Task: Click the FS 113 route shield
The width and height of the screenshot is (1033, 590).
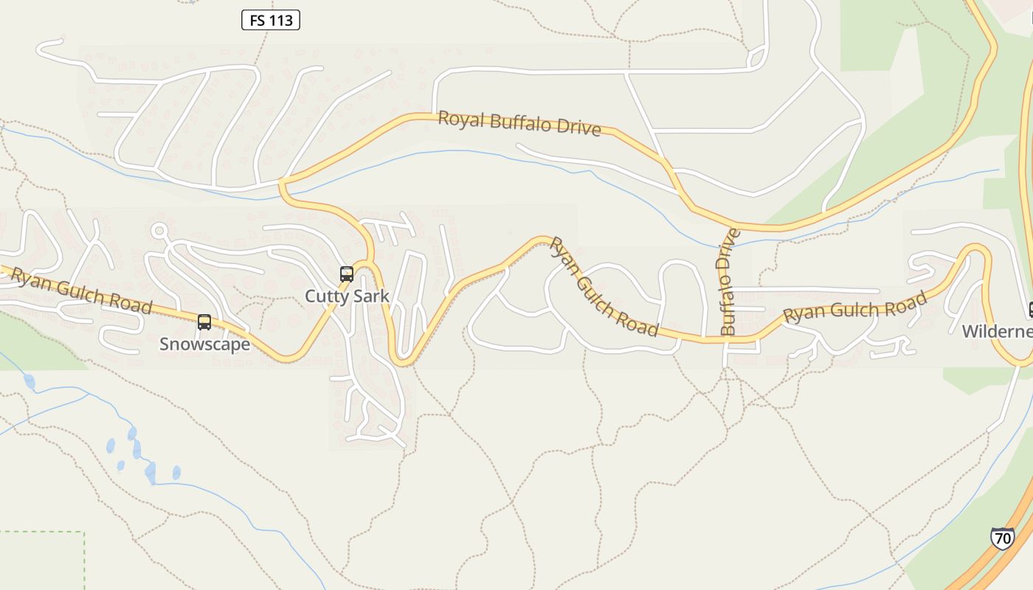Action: coord(270,20)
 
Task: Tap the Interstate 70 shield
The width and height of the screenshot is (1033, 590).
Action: coord(1002,538)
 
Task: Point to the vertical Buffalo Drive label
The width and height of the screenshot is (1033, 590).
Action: coord(728,282)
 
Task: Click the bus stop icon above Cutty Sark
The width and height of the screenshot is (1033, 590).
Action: coord(347,274)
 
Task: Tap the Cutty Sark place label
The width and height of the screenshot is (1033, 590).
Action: coord(347,296)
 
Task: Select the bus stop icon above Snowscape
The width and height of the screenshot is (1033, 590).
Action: coord(204,322)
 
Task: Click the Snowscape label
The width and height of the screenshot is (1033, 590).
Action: coord(204,344)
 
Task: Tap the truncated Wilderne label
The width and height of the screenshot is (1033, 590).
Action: coord(997,331)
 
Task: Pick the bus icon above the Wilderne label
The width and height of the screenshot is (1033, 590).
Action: coord(1031,310)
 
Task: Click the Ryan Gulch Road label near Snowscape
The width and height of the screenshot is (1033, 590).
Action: coord(81,291)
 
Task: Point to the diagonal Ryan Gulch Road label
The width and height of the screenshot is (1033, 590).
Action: coord(604,288)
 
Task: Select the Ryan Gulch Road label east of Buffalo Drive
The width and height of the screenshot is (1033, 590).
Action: coord(854,308)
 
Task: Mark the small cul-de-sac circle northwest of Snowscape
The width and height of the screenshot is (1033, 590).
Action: coord(159,231)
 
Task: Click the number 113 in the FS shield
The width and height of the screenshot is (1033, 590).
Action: coord(281,20)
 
